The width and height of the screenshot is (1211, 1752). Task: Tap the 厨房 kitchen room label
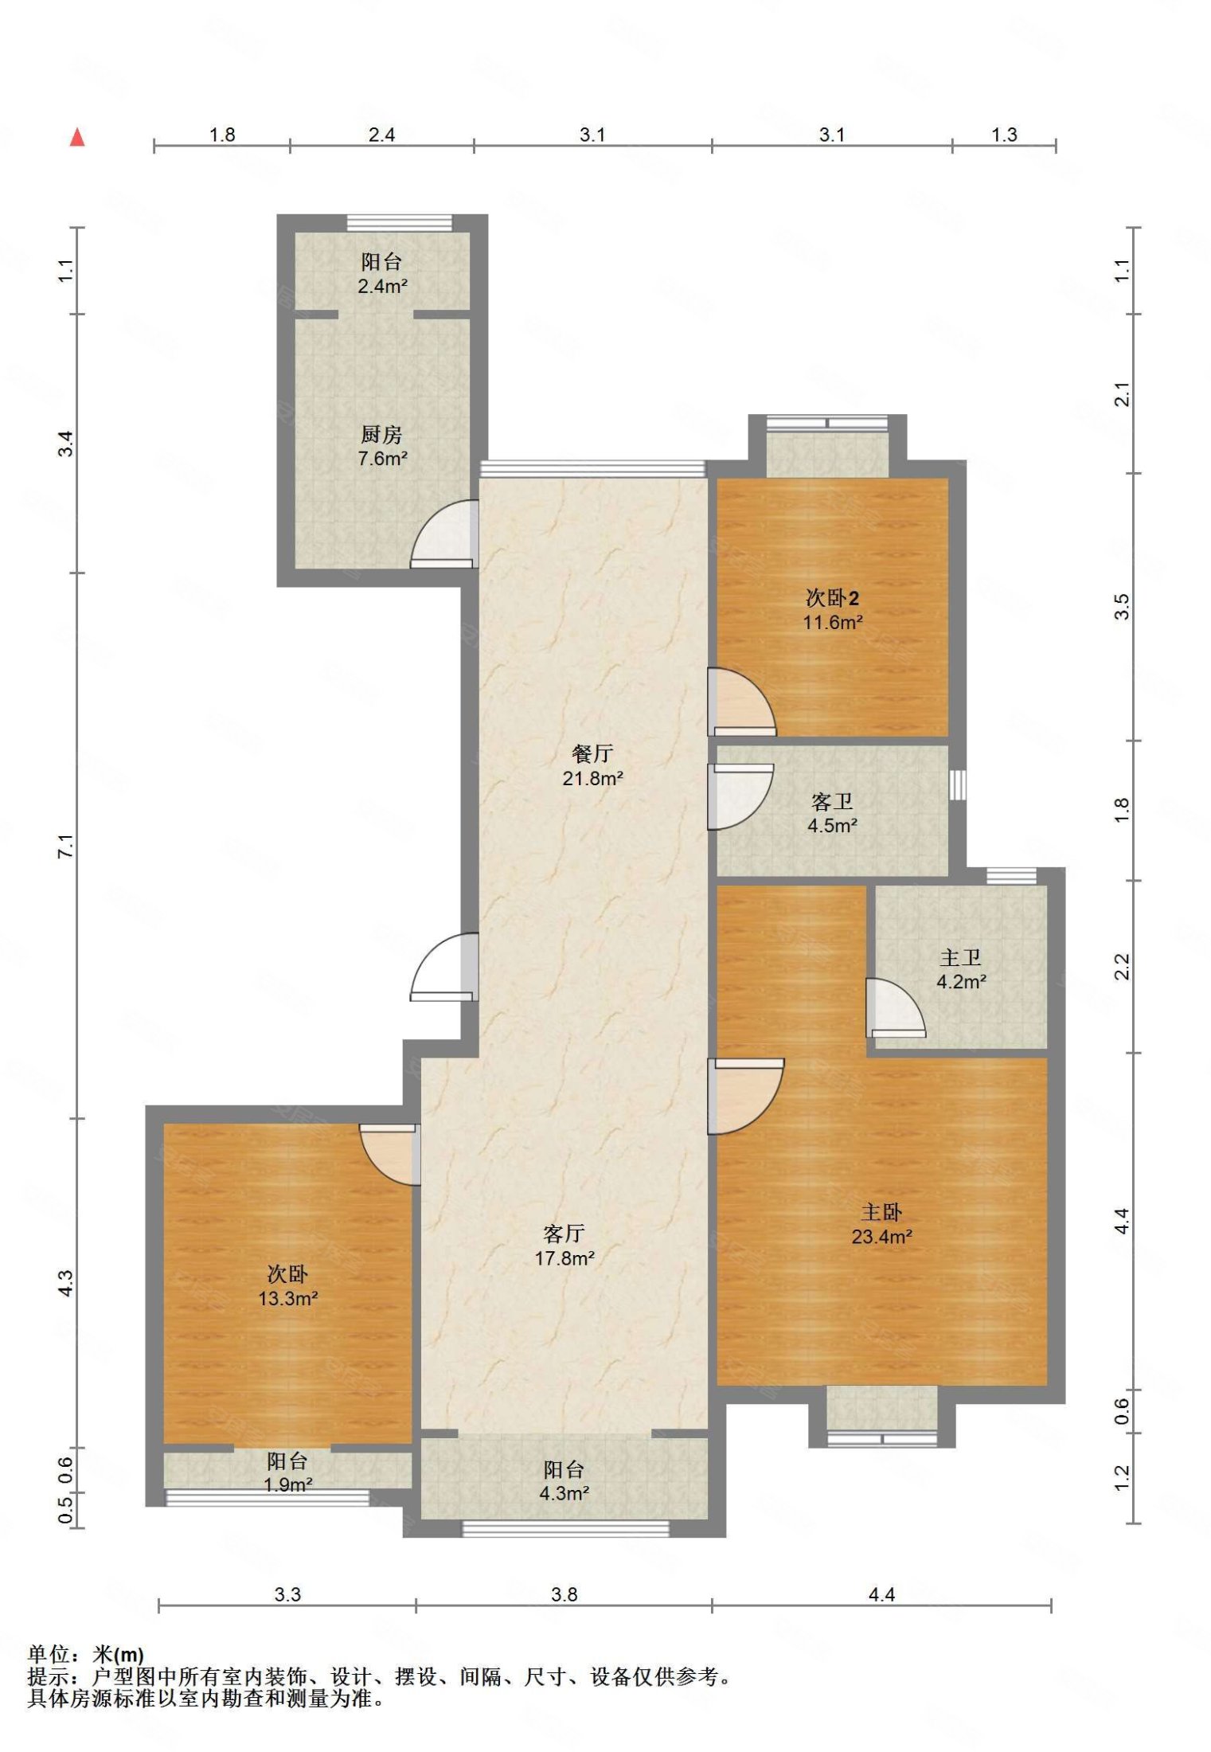pos(382,446)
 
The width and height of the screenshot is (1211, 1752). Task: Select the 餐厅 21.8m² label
pos(592,765)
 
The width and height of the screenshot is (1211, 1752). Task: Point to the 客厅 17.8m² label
pos(564,1246)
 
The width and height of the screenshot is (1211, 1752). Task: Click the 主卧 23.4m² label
pos(881,1224)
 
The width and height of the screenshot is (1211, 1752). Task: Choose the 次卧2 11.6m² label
pos(832,609)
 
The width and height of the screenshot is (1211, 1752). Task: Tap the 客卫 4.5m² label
pos(832,813)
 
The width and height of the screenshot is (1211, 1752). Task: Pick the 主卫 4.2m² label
pos(961,969)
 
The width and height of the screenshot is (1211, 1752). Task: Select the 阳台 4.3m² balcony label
pos(564,1481)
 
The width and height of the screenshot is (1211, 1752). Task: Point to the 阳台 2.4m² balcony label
pos(382,273)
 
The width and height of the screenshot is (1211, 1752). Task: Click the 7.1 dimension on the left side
pos(66,845)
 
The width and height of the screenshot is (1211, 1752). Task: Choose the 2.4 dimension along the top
pos(381,135)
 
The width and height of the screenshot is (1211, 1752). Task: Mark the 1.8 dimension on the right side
pos(1121,810)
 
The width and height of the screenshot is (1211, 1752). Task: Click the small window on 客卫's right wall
pos(958,784)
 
